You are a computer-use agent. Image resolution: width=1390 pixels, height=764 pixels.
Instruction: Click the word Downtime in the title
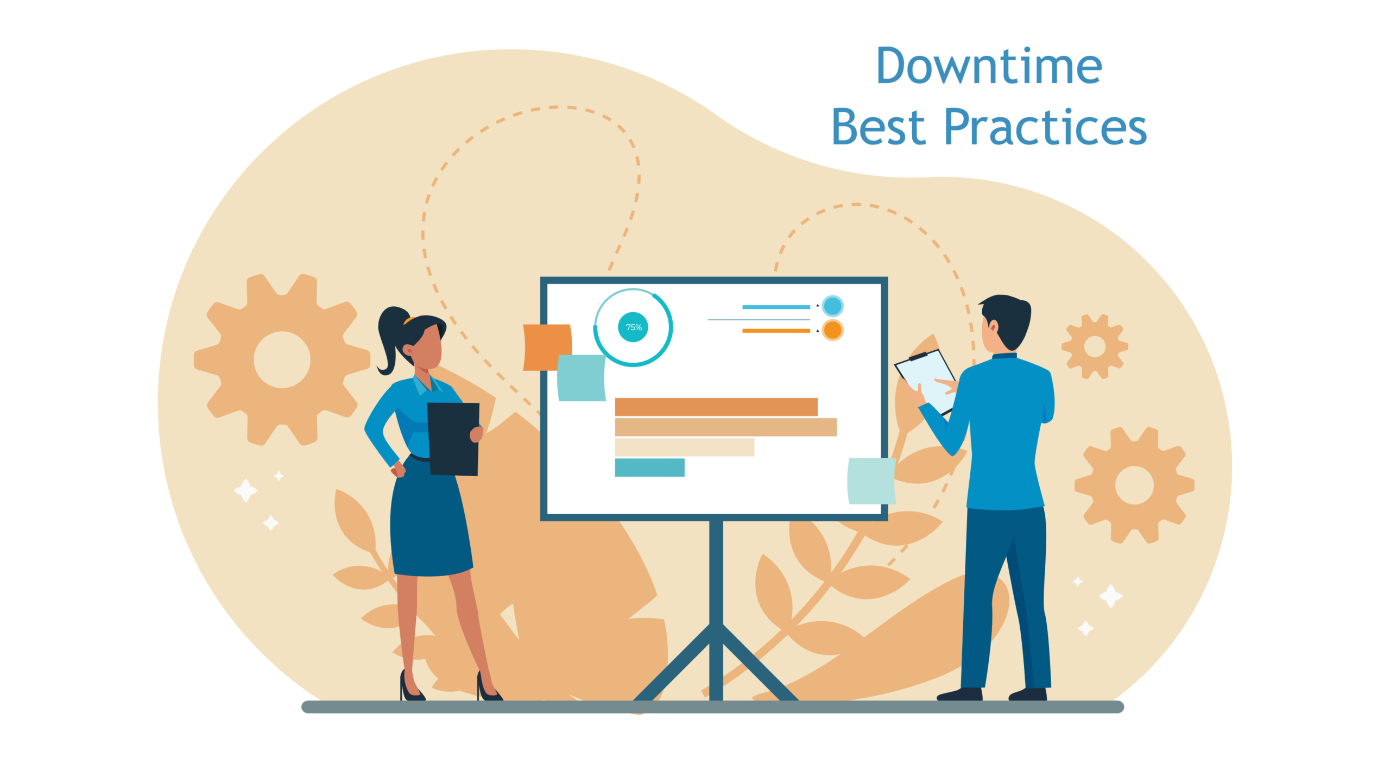(989, 66)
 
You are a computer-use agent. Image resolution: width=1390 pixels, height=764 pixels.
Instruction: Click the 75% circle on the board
(633, 327)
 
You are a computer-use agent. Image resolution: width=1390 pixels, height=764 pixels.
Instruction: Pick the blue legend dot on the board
(832, 306)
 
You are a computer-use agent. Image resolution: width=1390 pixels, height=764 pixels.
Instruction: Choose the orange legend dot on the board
(832, 330)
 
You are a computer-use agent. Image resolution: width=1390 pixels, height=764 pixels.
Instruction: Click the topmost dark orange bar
(716, 407)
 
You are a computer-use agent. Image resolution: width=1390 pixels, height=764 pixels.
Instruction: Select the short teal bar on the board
(649, 467)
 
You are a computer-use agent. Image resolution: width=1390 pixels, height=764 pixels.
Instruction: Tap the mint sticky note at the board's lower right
(871, 481)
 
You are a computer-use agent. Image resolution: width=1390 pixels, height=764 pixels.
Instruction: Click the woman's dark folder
(453, 439)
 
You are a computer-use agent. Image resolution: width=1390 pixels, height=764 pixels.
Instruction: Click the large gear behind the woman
(282, 360)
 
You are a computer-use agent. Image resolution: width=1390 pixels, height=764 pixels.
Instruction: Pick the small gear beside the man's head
(1095, 346)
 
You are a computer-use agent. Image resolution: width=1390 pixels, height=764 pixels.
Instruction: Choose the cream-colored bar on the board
(684, 447)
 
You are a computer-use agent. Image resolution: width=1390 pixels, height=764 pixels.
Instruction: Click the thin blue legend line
(776, 307)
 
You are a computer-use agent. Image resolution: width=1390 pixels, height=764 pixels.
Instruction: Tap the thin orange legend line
(776, 331)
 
